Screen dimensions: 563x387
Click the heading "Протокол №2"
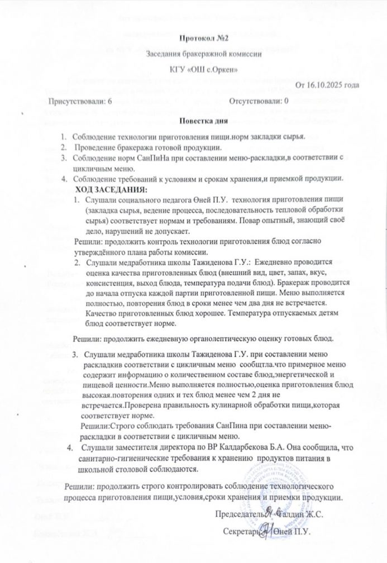coord(204,39)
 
